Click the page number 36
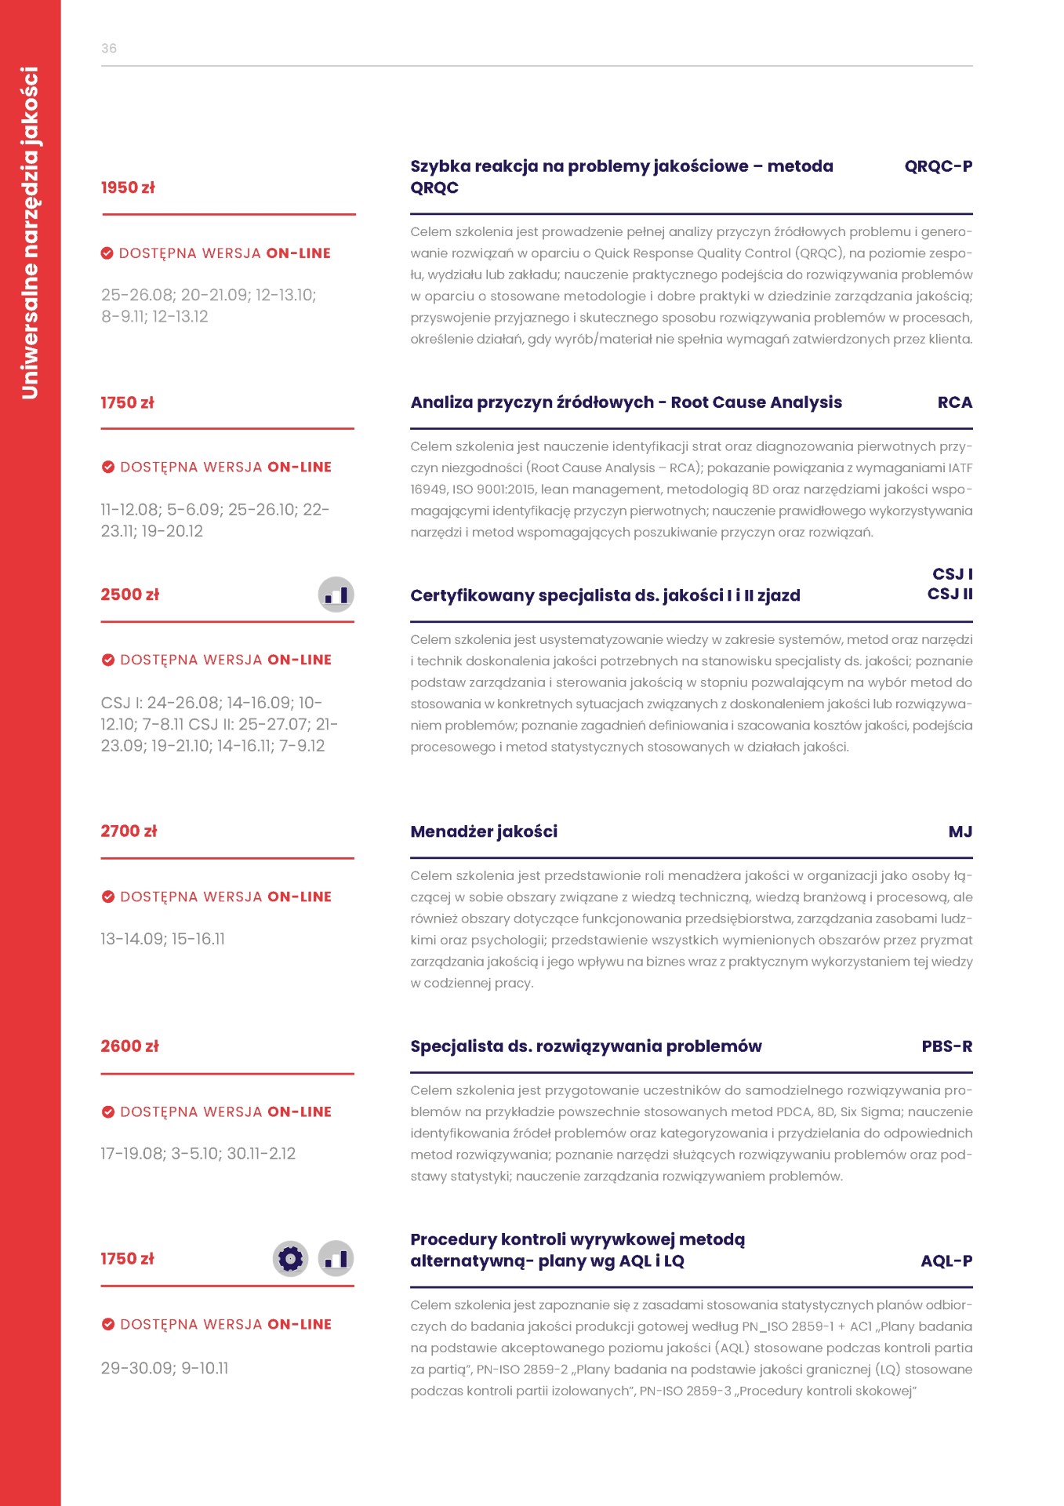point(109,49)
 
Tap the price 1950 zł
point(128,187)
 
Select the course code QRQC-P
point(938,166)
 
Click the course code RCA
point(954,402)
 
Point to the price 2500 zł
point(129,595)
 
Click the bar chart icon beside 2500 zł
point(336,595)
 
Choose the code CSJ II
point(950,594)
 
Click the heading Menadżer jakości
point(484,831)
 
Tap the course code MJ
point(960,831)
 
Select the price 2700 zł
point(129,831)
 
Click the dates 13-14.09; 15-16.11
point(162,939)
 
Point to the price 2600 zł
point(129,1046)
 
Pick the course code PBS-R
point(946,1046)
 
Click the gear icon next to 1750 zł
point(290,1259)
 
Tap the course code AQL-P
point(946,1261)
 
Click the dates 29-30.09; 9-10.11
point(165,1368)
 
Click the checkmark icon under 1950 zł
point(107,253)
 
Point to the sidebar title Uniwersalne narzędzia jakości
point(30,233)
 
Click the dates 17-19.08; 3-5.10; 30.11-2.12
point(198,1154)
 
